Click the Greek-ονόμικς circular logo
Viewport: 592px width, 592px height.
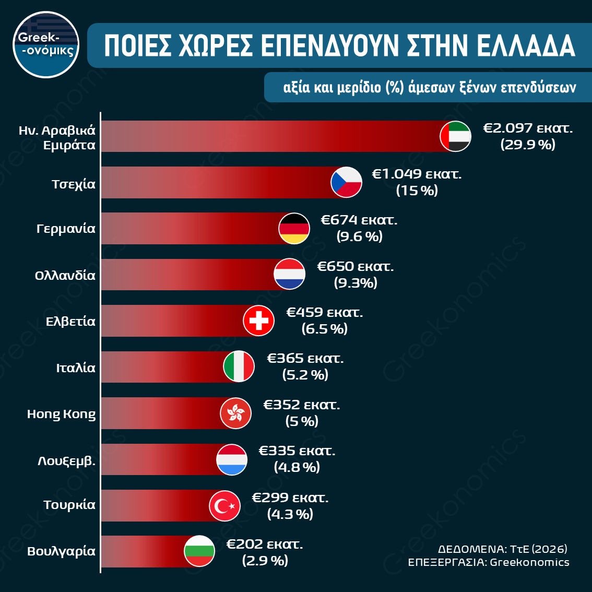click(46, 44)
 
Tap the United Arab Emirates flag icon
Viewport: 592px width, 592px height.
click(456, 136)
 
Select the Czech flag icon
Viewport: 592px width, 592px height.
click(347, 182)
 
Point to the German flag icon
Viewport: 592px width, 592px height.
click(294, 228)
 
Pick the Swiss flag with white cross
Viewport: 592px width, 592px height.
click(259, 321)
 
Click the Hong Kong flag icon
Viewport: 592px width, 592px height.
click(236, 413)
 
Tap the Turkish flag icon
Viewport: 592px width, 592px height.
click(225, 505)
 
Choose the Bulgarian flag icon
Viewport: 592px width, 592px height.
click(199, 551)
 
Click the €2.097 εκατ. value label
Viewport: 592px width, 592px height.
click(528, 128)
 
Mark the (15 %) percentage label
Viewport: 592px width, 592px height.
click(417, 191)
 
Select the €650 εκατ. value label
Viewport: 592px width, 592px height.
click(356, 267)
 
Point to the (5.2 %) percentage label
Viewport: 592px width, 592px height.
click(305, 375)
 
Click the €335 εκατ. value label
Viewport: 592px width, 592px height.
click(297, 451)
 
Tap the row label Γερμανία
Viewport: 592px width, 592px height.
click(66, 229)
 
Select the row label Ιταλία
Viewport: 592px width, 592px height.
click(76, 368)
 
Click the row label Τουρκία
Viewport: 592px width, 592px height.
click(69, 505)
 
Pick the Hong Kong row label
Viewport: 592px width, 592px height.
click(61, 414)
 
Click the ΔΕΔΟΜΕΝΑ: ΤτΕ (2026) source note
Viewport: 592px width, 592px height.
click(502, 549)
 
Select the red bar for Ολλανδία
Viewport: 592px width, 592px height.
click(188, 275)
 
